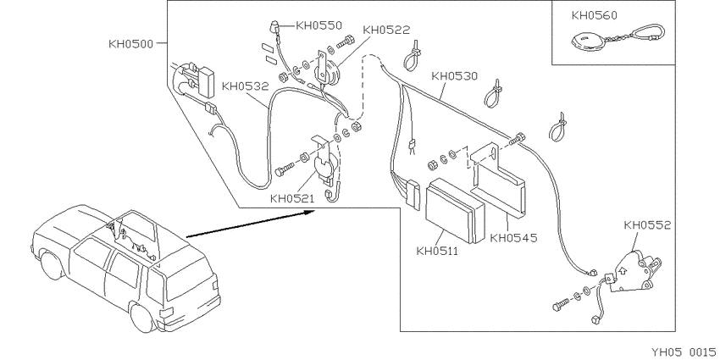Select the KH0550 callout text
pos(318,25)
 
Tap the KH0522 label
pos(386,30)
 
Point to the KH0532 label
pos(245,86)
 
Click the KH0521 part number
pos(291,199)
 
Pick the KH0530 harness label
pos(455,75)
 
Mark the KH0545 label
pos(513,238)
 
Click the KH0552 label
pos(647,225)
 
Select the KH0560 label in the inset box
pos(594,15)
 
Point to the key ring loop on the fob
pos(649,34)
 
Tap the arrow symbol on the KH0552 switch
pos(623,270)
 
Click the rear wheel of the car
pos(141,315)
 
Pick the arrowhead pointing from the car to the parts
pos(310,212)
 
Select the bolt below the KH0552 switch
pos(562,303)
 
